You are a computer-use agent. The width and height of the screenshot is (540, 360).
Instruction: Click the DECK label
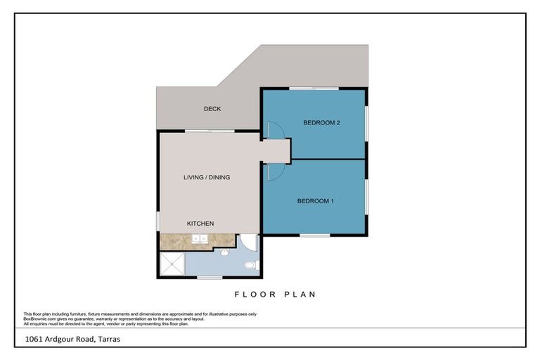[212, 109]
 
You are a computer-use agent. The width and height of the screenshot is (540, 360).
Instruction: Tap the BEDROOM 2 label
[321, 123]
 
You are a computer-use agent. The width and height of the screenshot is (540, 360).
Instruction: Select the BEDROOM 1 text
[315, 201]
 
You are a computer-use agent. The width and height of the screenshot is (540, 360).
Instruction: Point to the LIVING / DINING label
[207, 177]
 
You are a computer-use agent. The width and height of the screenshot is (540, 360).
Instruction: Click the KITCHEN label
[200, 224]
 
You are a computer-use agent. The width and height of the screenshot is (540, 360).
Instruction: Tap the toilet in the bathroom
[250, 265]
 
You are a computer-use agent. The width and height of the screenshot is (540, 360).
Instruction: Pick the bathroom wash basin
[224, 252]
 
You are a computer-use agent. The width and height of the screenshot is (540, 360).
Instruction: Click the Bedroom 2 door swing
[274, 130]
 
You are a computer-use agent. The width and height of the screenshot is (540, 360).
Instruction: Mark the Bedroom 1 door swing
[274, 170]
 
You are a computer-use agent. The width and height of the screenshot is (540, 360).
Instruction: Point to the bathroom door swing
[248, 243]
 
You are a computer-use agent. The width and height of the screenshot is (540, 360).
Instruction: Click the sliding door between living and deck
[210, 131]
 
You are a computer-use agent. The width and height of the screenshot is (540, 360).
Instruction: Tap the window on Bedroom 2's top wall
[314, 89]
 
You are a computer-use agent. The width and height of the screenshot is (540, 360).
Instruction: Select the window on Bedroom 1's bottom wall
[314, 235]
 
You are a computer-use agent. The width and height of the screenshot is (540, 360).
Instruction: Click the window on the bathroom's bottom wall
[210, 278]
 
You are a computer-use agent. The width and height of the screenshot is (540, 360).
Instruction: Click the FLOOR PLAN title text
[274, 295]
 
